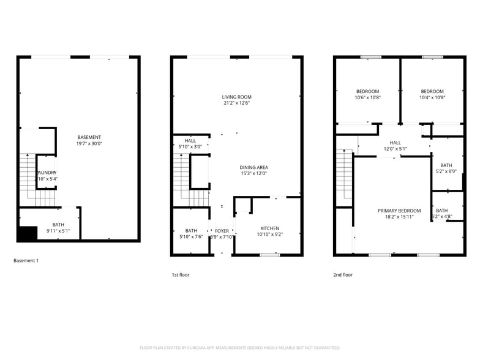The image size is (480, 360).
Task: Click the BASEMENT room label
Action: [89, 137]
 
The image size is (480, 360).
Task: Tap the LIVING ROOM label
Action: [236, 97]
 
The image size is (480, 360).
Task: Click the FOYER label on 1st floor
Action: [222, 231]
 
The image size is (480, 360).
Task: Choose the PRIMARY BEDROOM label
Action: [399, 211]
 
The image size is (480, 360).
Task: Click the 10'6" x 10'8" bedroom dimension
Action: [367, 97]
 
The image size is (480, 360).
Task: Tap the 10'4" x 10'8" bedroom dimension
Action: [432, 97]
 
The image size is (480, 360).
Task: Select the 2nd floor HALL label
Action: [395, 143]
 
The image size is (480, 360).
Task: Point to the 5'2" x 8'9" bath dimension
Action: [446, 171]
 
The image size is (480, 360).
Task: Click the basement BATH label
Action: [58, 225]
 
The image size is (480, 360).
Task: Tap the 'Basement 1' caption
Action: [26, 261]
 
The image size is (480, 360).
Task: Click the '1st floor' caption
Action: [181, 275]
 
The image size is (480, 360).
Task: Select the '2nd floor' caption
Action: [343, 275]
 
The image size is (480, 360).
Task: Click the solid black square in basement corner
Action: [27, 234]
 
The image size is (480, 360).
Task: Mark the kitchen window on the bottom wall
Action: [270, 255]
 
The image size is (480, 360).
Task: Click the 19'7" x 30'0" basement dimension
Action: [89, 143]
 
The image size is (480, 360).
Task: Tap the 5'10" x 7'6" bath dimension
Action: [191, 236]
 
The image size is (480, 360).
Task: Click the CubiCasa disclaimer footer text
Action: [240, 347]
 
